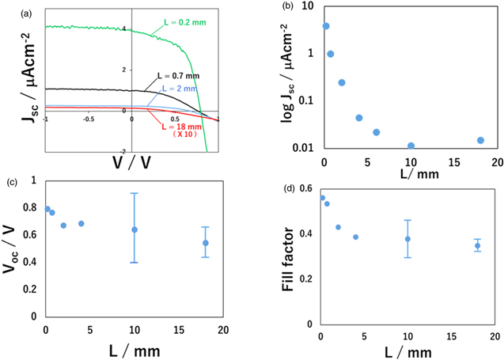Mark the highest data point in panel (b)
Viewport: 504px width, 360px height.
[325, 26]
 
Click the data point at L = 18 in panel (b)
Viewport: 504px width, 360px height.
[480, 140]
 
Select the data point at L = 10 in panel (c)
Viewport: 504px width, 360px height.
[135, 229]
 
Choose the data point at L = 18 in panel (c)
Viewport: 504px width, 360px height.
[205, 243]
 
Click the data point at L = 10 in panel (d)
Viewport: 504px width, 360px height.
[408, 239]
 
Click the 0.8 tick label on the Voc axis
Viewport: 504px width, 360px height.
[33, 207]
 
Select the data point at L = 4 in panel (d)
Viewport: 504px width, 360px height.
[356, 237]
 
